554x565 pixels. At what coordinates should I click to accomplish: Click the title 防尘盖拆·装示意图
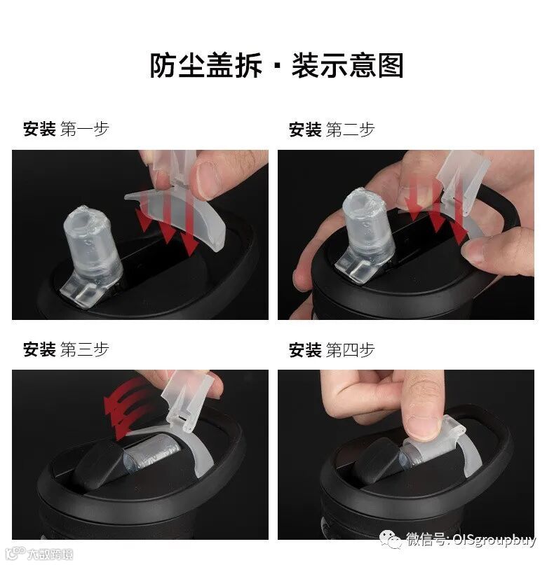(x=276, y=65)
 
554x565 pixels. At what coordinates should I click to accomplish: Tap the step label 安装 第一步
(x=66, y=129)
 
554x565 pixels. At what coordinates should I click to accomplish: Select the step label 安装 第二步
(x=332, y=130)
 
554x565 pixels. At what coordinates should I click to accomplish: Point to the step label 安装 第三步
(x=66, y=349)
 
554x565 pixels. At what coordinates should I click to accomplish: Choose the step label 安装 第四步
(x=332, y=350)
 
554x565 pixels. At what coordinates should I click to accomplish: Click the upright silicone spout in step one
(x=90, y=252)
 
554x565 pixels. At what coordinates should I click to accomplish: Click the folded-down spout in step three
(x=151, y=453)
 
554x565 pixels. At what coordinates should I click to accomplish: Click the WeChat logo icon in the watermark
(x=390, y=539)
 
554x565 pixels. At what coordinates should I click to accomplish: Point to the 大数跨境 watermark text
(x=50, y=554)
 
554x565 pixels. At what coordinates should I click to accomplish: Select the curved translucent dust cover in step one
(x=180, y=216)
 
